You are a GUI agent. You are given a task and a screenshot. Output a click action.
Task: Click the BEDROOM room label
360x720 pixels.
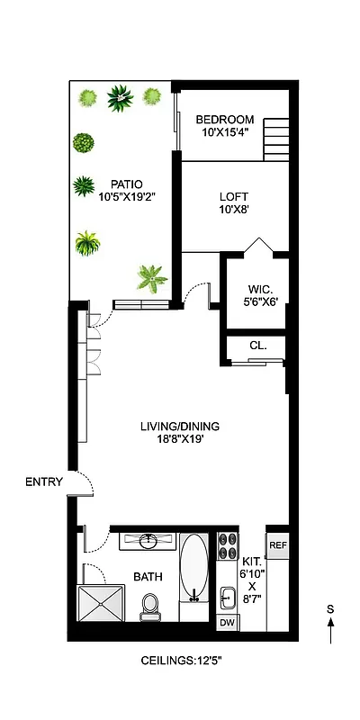pos(225,120)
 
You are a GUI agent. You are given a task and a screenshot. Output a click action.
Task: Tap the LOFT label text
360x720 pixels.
pos(234,197)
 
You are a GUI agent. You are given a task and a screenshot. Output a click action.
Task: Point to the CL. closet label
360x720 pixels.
pos(257,346)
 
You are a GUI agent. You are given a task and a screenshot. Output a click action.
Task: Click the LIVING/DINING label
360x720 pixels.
pos(180,427)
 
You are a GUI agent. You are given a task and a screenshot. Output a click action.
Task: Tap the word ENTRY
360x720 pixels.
pos(44,482)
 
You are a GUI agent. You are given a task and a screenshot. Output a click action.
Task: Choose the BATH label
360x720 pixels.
pos(148,577)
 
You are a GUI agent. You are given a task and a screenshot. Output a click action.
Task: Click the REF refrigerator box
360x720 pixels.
pos(278,545)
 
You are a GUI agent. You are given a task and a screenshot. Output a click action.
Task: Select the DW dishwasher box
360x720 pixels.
pos(227,623)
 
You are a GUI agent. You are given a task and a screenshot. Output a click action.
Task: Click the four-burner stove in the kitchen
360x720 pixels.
pos(228,548)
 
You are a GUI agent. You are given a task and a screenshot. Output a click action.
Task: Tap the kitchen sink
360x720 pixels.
pos(227,597)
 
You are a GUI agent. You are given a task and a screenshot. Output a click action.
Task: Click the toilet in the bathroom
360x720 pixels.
pos(150,607)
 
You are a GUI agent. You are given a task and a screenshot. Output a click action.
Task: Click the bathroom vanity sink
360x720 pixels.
pos(148,541)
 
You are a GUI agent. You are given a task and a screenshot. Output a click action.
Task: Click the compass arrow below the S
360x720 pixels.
pos(330,631)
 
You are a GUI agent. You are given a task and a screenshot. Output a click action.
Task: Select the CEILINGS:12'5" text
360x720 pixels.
pos(180,661)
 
